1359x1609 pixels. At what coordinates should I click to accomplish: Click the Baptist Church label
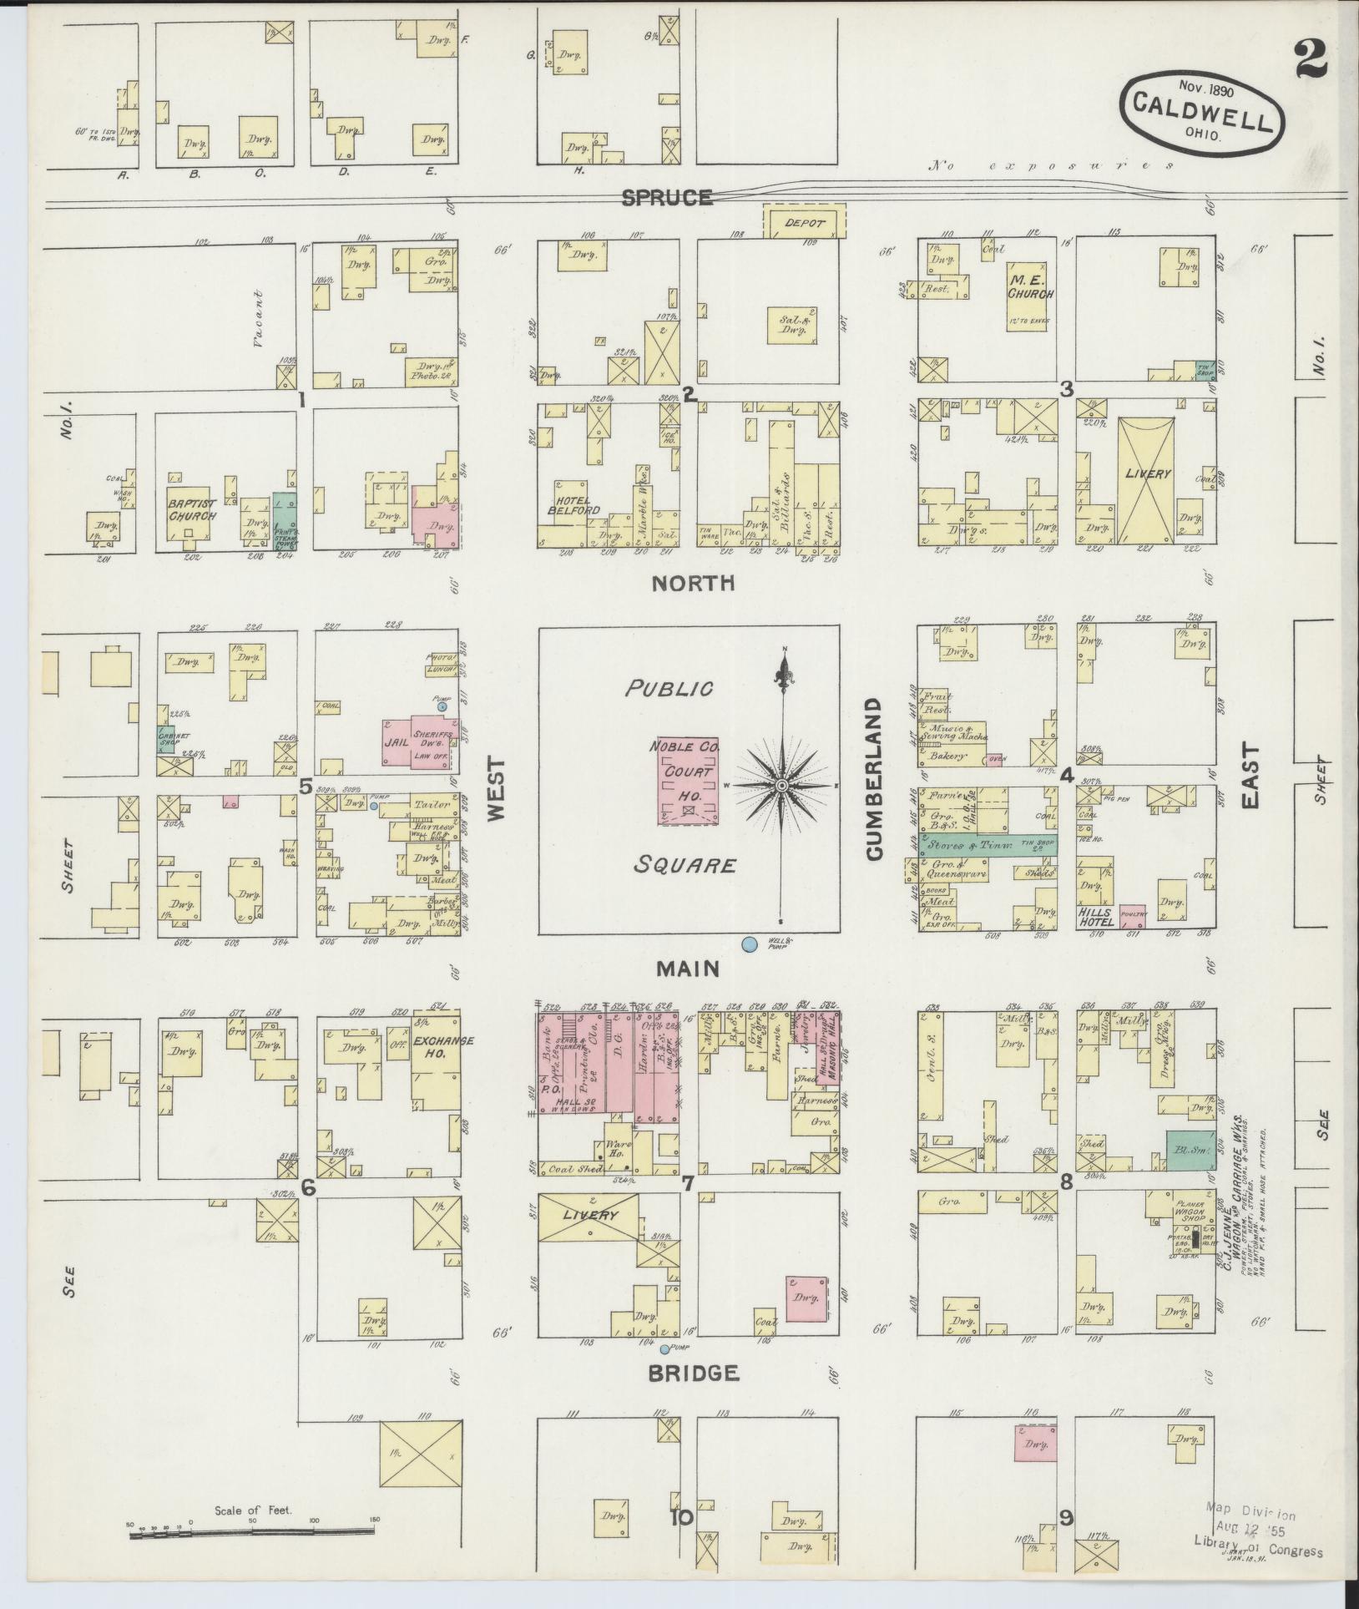[192, 510]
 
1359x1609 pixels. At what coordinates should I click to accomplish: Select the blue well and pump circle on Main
[750, 944]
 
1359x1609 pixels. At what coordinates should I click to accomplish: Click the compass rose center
[782, 787]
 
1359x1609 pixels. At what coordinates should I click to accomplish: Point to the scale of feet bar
[250, 1531]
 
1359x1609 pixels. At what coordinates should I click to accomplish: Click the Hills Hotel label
[1095, 918]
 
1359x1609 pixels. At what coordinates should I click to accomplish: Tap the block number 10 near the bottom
[680, 1518]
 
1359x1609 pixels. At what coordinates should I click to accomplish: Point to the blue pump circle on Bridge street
[664, 1349]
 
